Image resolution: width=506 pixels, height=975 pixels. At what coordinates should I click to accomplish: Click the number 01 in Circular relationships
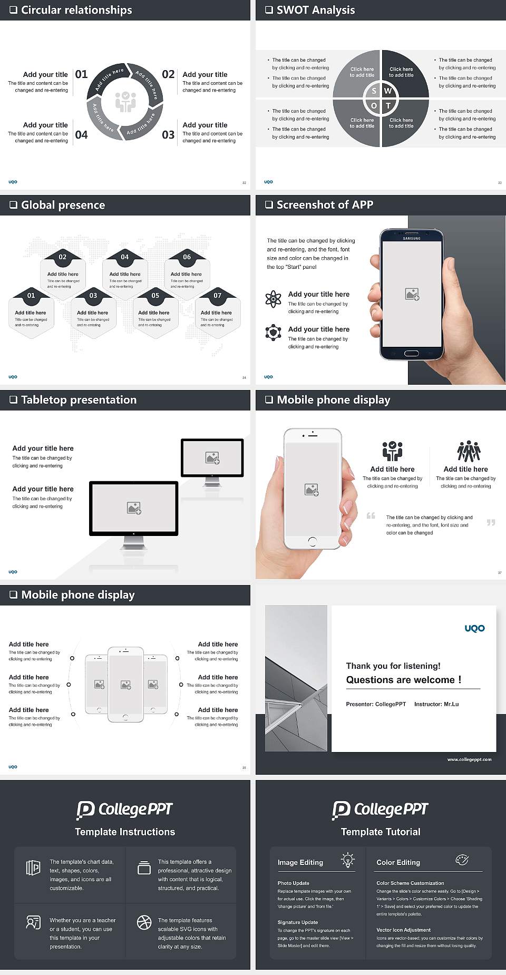[x=81, y=74]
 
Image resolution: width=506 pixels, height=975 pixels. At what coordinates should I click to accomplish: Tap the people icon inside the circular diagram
[x=125, y=102]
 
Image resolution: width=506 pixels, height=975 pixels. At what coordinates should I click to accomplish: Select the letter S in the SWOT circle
[x=374, y=91]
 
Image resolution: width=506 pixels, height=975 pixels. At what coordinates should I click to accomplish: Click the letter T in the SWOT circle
[x=388, y=105]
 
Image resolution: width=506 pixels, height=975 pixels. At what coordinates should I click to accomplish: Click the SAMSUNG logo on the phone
[x=412, y=238]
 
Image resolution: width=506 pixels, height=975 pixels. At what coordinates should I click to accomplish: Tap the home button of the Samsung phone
[x=411, y=353]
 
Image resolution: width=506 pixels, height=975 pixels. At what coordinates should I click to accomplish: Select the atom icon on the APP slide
[x=273, y=299]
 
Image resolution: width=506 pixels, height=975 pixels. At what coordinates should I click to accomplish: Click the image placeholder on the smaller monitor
[x=212, y=457]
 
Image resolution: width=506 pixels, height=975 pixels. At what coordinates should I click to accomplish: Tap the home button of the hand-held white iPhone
[x=312, y=541]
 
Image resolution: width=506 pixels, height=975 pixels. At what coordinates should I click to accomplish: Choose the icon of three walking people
[x=469, y=451]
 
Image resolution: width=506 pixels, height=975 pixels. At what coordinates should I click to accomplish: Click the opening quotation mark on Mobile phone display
[x=371, y=515]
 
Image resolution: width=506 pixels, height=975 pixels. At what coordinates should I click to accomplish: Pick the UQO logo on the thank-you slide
[x=474, y=628]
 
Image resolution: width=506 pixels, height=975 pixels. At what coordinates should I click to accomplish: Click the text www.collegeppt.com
[x=469, y=759]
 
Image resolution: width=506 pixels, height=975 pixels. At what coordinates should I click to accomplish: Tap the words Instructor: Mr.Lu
[x=436, y=704]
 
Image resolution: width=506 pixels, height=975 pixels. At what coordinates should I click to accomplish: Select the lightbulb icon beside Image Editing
[x=348, y=860]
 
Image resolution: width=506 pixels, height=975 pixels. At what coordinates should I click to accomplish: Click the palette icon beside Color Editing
[x=462, y=860]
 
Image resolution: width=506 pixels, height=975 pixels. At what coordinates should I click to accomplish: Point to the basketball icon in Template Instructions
[x=144, y=922]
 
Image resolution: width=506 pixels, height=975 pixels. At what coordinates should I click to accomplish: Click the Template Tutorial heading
[x=381, y=832]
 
